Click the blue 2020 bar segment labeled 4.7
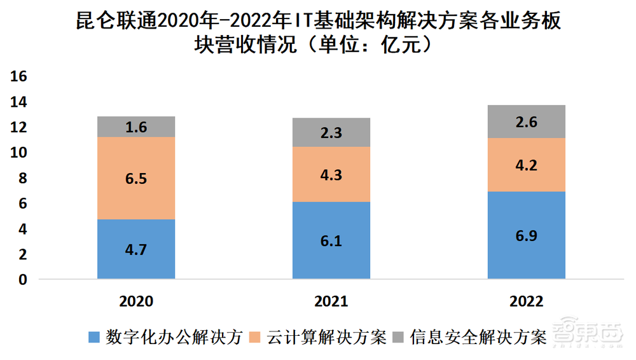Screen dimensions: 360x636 [136, 249]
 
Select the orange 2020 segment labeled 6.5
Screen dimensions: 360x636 [136, 178]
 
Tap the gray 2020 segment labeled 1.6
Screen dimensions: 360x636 [136, 127]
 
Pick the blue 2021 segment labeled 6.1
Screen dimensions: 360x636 [331, 240]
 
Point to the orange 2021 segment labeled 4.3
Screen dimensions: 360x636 [331, 174]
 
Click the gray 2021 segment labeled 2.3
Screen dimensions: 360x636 [331, 132]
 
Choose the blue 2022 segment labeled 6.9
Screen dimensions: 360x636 [527, 235]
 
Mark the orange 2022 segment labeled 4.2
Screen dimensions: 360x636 [527, 165]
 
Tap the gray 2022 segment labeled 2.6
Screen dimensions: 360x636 [527, 121]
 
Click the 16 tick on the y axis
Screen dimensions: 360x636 [19, 76]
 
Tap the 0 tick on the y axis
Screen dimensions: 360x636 [23, 279]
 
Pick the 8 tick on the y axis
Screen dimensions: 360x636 [23, 178]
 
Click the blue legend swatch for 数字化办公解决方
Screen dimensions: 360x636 [95, 338]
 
